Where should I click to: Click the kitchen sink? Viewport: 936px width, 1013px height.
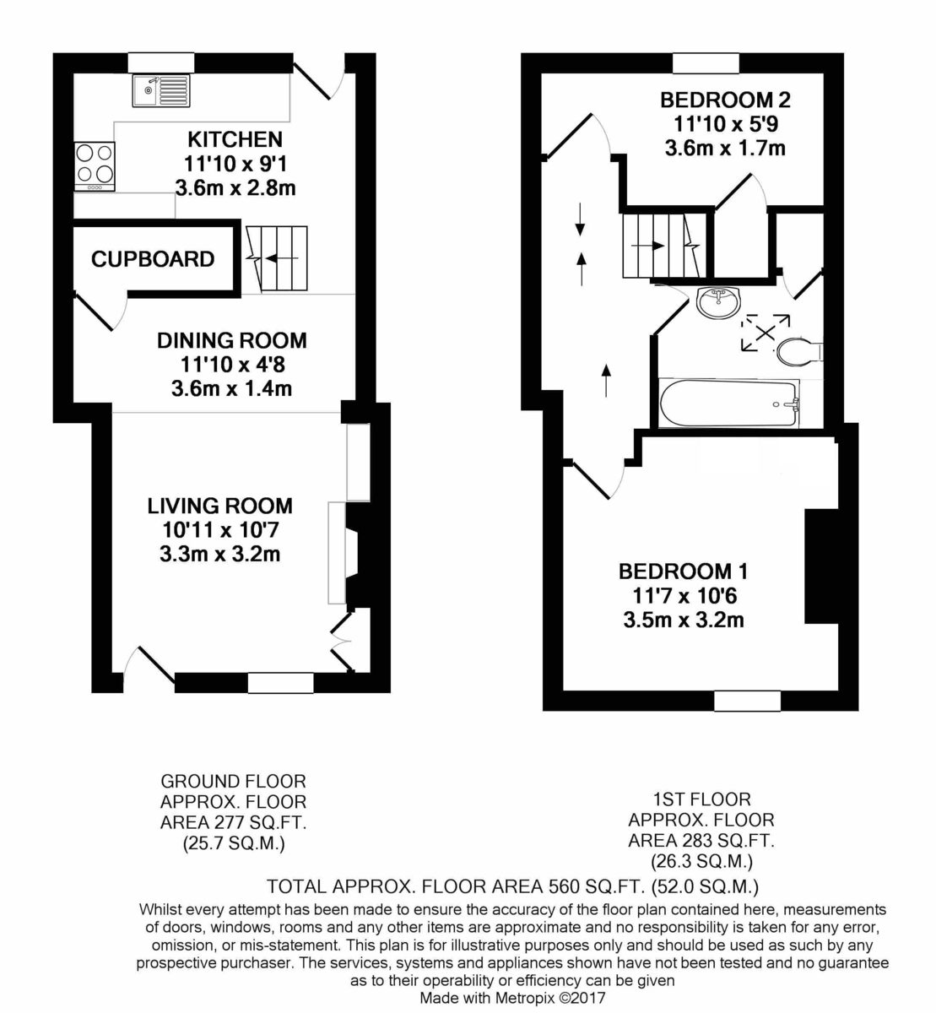point(161,90)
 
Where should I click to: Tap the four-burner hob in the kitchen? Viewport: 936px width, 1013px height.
point(95,165)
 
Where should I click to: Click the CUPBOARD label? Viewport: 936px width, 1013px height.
point(153,259)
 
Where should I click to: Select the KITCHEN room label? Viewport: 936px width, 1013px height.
point(235,139)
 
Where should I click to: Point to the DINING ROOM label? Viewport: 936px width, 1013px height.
point(232,341)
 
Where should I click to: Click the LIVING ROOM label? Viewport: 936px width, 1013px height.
point(219,506)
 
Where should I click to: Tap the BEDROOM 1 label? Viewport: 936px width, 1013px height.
point(684,572)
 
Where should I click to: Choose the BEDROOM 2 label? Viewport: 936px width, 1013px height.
point(725,100)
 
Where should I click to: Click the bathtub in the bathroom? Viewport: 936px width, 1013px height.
point(728,403)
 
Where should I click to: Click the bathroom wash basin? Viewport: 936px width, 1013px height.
point(719,301)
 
